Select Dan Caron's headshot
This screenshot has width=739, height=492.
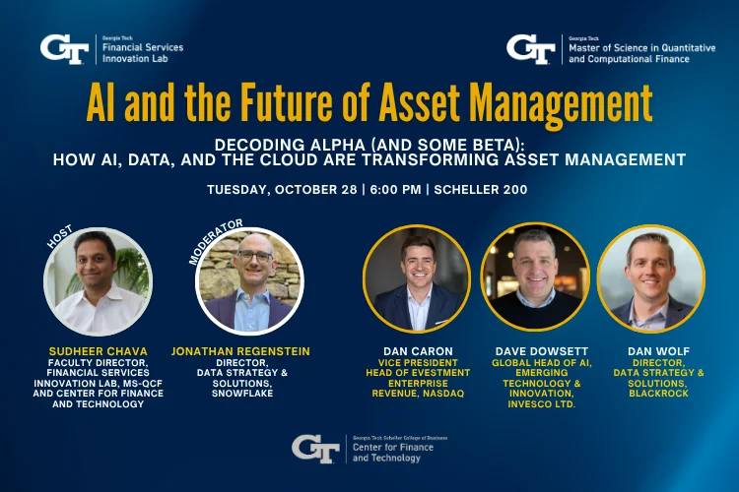[x=417, y=278]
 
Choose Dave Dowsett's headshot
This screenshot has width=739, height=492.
[x=535, y=278]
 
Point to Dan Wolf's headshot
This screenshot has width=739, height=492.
[x=651, y=278]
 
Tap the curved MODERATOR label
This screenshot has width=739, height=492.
[x=214, y=241]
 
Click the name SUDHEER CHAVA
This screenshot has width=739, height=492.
[x=100, y=349]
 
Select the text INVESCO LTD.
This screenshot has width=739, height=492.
[x=535, y=405]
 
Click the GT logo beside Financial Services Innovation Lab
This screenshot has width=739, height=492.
[x=66, y=47]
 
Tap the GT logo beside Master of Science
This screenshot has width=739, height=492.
[x=531, y=47]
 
